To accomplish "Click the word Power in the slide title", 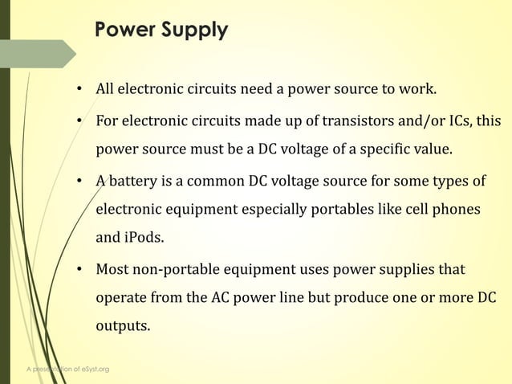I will coord(124,31).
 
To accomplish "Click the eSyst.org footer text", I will coord(93,369).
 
